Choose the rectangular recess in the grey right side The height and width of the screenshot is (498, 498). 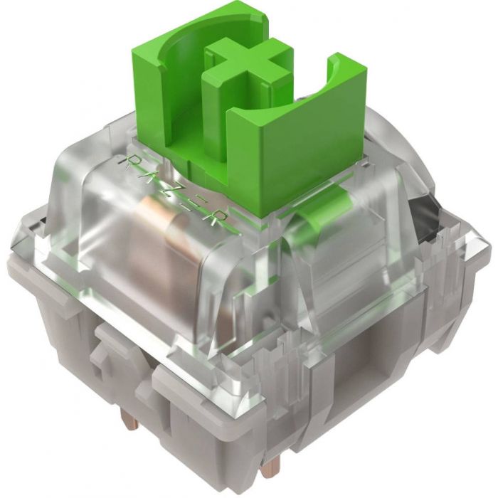click(370, 370)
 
